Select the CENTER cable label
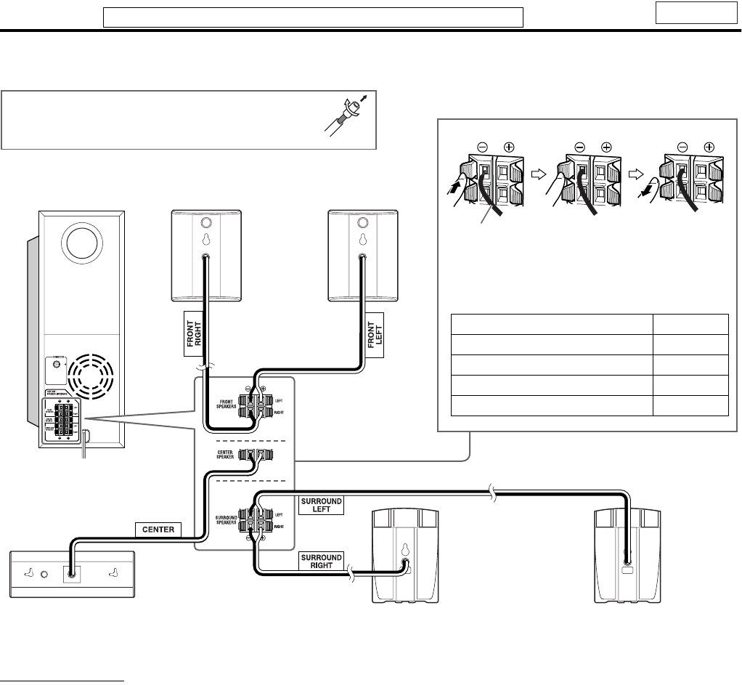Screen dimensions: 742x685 158,529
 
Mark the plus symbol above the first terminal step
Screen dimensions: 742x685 509,146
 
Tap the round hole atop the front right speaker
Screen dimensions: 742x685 205,223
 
